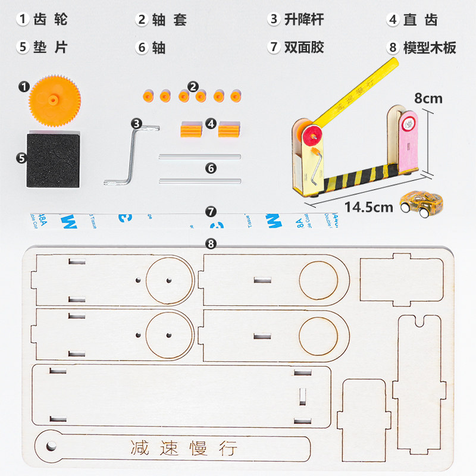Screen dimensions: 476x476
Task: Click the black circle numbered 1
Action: tap(24, 87)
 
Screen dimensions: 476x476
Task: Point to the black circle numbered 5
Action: tap(21, 158)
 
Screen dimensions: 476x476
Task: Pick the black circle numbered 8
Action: tap(211, 243)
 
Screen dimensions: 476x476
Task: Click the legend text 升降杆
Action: tap(304, 20)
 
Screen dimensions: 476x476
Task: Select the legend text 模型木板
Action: tap(430, 48)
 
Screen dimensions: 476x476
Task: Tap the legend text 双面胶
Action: tap(304, 48)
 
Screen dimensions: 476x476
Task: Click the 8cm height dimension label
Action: tap(428, 98)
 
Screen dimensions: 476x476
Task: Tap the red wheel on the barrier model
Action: tap(311, 134)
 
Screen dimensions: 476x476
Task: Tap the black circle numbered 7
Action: tap(211, 211)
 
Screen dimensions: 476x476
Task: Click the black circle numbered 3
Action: tap(137, 124)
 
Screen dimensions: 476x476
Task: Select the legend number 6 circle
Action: tap(142, 48)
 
